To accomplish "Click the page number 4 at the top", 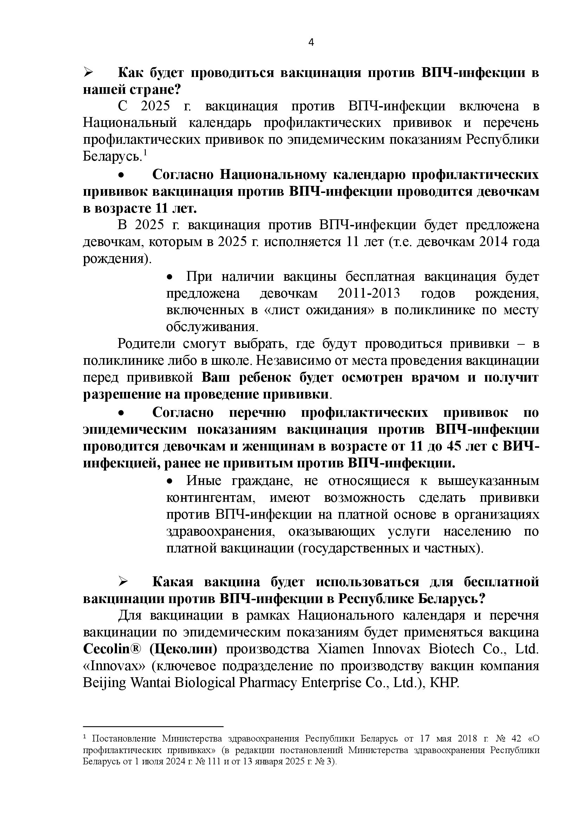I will coord(311,43).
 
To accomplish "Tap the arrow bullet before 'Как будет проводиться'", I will coord(88,72).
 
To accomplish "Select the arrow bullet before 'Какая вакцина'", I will coord(123,582).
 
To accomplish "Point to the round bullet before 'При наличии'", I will coord(171,277).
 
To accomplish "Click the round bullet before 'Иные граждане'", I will coord(171,481).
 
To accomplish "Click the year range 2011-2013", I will coord(368,294).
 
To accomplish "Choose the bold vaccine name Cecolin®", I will coord(106,649).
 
